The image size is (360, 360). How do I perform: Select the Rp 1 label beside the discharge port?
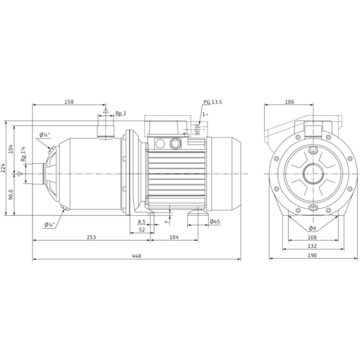pyautogui.click(x=120, y=113)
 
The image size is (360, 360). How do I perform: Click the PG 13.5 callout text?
pyautogui.click(x=212, y=103)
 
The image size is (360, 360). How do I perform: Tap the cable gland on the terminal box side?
pyautogui.click(x=198, y=128)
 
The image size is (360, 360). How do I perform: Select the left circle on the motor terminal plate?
pyautogui.click(x=160, y=144)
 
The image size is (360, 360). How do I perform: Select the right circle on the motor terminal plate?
pyautogui.click(x=175, y=144)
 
